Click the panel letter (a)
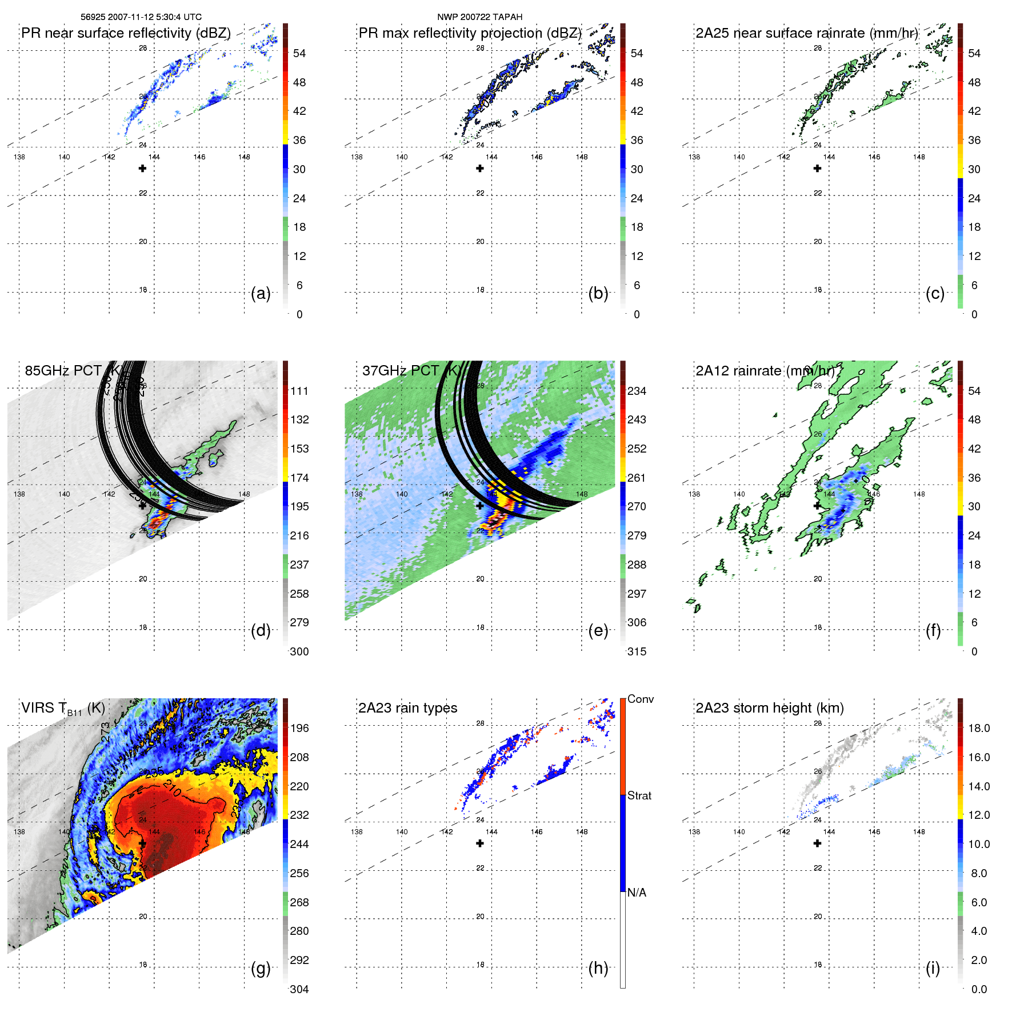pos(261,294)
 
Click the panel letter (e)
pos(598,631)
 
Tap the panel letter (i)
pos(933,969)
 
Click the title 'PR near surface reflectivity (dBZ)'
pos(126,33)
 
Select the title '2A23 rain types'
pos(407,708)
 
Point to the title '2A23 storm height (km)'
pos(770,708)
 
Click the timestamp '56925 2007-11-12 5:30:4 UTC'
pos(141,17)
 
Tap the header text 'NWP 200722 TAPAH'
pos(479,17)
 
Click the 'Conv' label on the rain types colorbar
pos(640,699)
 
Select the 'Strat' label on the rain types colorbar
pos(639,795)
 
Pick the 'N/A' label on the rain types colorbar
pos(637,893)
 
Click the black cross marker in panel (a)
pos(142,169)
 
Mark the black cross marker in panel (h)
pos(480,843)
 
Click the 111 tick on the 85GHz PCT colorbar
pos(299,391)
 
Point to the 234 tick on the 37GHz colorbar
pos(637,391)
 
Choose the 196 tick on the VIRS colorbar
pos(299,728)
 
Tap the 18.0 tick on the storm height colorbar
pos(979,728)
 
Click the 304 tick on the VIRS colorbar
pos(299,989)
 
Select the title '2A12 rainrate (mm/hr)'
pos(765,371)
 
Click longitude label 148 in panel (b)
pos(582,157)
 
